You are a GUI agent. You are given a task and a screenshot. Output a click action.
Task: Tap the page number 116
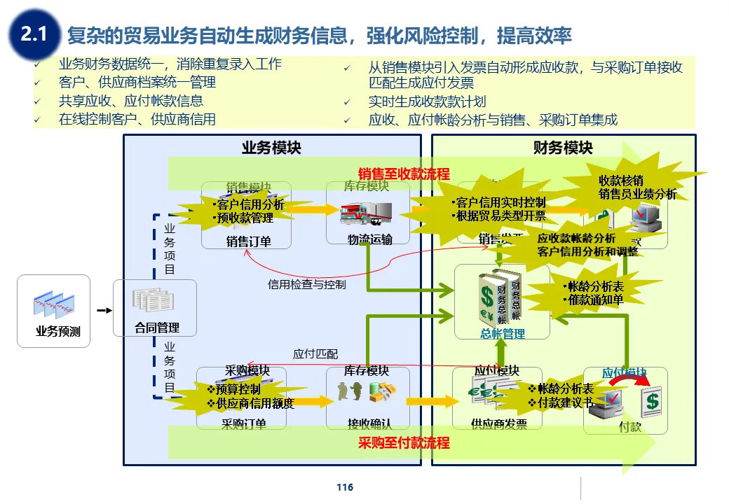[x=345, y=487]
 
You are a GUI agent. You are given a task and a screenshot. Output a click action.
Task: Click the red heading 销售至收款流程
[x=404, y=174]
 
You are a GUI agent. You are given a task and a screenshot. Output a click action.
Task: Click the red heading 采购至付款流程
[x=404, y=442]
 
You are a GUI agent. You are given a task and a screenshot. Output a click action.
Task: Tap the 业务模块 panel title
[x=271, y=148]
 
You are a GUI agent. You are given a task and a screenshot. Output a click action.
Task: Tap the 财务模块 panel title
[x=563, y=148]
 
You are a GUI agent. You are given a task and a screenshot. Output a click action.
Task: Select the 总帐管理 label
[x=503, y=334]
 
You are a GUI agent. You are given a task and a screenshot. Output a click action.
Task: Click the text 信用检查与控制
[x=307, y=285]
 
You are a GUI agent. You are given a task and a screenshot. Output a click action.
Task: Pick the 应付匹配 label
[x=315, y=354]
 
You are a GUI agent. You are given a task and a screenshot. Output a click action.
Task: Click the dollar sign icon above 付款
[x=653, y=401]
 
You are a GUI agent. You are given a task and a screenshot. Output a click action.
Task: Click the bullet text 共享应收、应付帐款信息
[x=131, y=101]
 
